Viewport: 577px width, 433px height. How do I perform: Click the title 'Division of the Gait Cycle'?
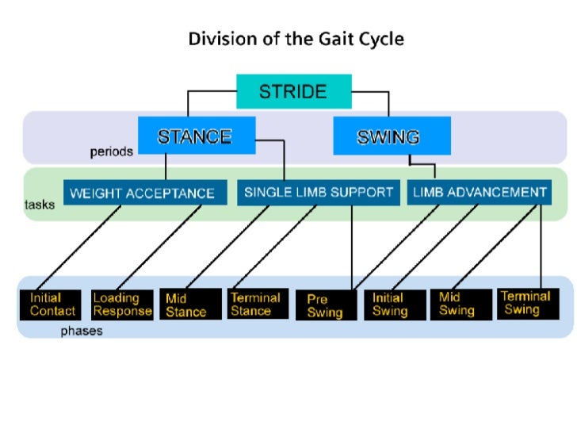click(296, 39)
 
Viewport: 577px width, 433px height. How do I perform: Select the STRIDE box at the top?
click(294, 91)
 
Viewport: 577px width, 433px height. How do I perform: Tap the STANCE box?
click(194, 136)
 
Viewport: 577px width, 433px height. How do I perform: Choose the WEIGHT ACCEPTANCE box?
click(142, 193)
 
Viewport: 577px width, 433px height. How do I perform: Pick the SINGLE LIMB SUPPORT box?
click(318, 192)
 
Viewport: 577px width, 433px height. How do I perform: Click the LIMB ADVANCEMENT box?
click(480, 192)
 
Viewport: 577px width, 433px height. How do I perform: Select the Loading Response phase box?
click(122, 305)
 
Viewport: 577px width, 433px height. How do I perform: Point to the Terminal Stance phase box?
click(255, 305)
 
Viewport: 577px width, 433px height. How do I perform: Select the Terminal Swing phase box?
click(525, 304)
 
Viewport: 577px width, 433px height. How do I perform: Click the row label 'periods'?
click(111, 152)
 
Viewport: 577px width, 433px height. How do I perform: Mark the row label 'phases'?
click(82, 331)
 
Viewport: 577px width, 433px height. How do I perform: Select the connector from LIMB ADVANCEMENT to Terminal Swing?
click(541, 246)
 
